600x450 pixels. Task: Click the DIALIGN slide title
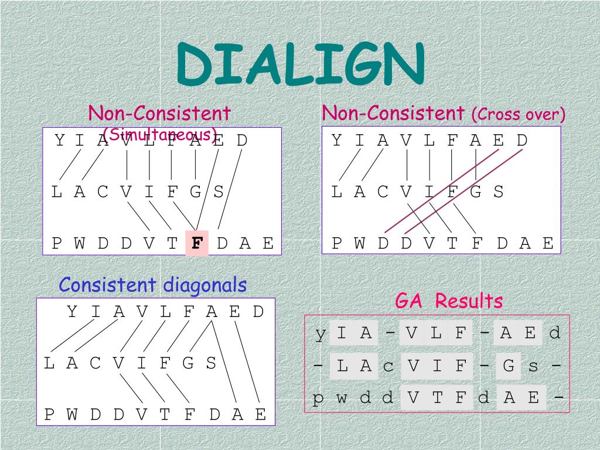click(301, 64)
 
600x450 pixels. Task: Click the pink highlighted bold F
click(197, 243)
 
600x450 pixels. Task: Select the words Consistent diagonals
click(153, 285)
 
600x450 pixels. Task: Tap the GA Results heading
click(449, 301)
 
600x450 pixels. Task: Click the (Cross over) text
click(519, 114)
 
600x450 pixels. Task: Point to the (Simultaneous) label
click(160, 134)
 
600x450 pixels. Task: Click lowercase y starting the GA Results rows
click(320, 333)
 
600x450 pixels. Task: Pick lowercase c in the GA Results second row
click(388, 367)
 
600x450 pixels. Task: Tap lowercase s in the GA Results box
click(533, 367)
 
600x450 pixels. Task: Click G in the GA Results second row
click(509, 367)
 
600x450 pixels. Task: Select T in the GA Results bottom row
click(437, 399)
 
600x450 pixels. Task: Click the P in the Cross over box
click(337, 243)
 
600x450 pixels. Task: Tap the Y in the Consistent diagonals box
click(72, 312)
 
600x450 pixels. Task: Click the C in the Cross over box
click(383, 192)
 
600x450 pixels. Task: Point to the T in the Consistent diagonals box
click(165, 415)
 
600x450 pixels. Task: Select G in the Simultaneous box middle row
click(195, 192)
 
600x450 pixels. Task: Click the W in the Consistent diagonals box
click(72, 415)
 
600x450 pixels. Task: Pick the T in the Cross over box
click(452, 243)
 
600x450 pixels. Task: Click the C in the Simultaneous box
click(103, 192)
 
